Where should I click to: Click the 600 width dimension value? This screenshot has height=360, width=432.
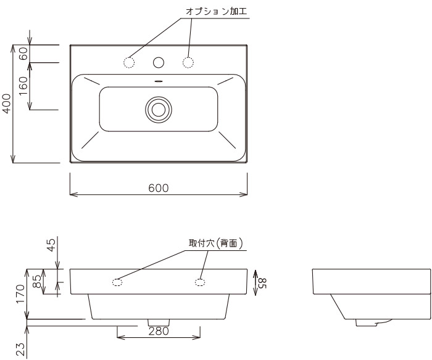coord(159,188)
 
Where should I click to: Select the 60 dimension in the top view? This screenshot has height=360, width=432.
coord(23,53)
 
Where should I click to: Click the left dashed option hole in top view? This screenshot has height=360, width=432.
coord(130,62)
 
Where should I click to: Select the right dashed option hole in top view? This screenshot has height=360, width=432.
coord(188,62)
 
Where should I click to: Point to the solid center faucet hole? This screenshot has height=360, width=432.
coord(159,62)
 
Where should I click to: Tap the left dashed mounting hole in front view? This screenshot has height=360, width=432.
coord(117,282)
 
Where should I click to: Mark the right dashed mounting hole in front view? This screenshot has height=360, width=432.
coord(200,282)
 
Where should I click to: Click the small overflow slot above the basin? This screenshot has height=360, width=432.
coord(159,81)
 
